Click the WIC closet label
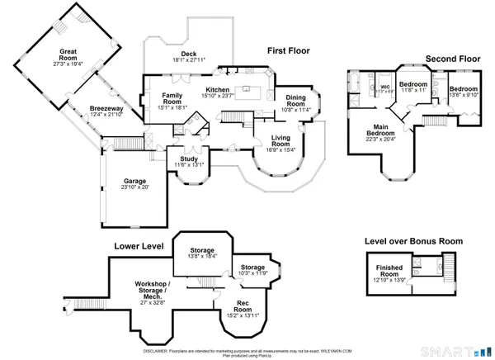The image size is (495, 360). coord(384,87)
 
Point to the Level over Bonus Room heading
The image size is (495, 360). coord(414,241)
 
